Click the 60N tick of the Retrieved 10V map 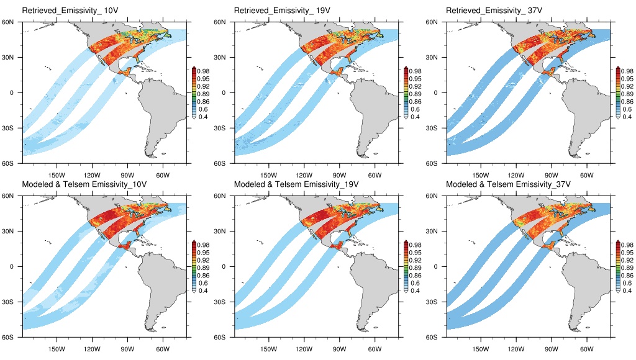pos(12,22)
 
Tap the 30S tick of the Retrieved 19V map pos(224,128)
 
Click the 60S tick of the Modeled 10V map pos(12,338)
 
